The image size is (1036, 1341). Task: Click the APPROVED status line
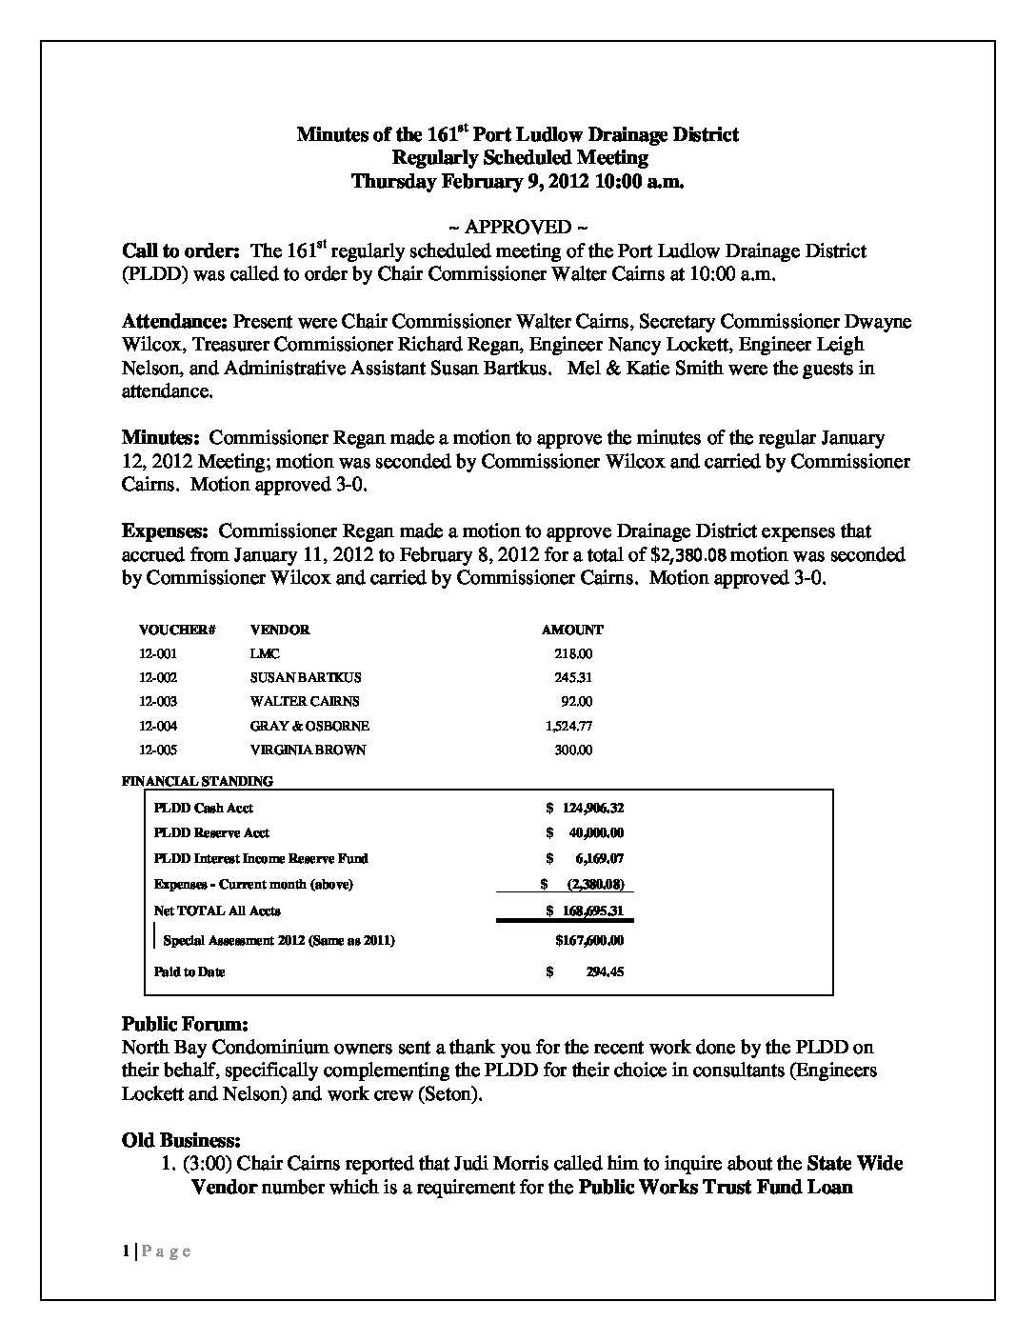click(517, 227)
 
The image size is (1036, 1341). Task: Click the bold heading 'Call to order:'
click(180, 251)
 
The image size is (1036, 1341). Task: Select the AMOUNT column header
click(571, 630)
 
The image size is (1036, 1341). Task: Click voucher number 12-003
click(158, 702)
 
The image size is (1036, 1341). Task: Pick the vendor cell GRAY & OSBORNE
click(309, 726)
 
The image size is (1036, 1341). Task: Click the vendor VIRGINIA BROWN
click(308, 750)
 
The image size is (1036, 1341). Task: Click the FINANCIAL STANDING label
click(198, 781)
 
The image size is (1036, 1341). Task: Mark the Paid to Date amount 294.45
click(604, 972)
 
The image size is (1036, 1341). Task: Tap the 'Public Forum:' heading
click(185, 1025)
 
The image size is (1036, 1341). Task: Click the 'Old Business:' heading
click(181, 1140)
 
